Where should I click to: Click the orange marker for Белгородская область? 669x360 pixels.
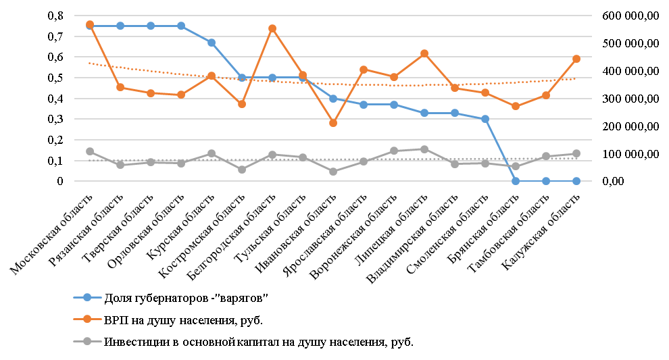(272, 28)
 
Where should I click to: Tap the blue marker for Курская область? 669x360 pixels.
(212, 43)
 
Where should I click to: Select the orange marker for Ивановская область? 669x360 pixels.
(333, 123)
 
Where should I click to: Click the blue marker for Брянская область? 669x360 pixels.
(516, 181)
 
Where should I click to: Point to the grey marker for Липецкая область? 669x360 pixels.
(424, 149)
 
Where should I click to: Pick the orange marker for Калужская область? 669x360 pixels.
(576, 59)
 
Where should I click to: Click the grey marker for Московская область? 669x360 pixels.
(90, 151)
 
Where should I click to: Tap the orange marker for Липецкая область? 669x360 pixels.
(424, 53)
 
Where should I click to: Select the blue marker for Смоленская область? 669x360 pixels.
(485, 119)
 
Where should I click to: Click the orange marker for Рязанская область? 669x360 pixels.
(120, 87)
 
